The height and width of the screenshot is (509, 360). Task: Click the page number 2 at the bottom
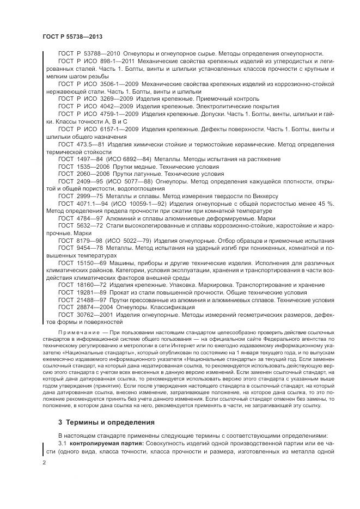[44, 463]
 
